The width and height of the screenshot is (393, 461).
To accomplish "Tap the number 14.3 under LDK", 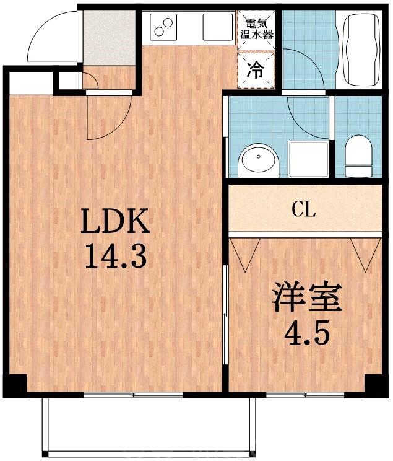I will point(116,256).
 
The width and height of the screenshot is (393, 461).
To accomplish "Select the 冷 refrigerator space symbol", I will point(256,71).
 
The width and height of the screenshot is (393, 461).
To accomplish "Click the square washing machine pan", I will point(308,159).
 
